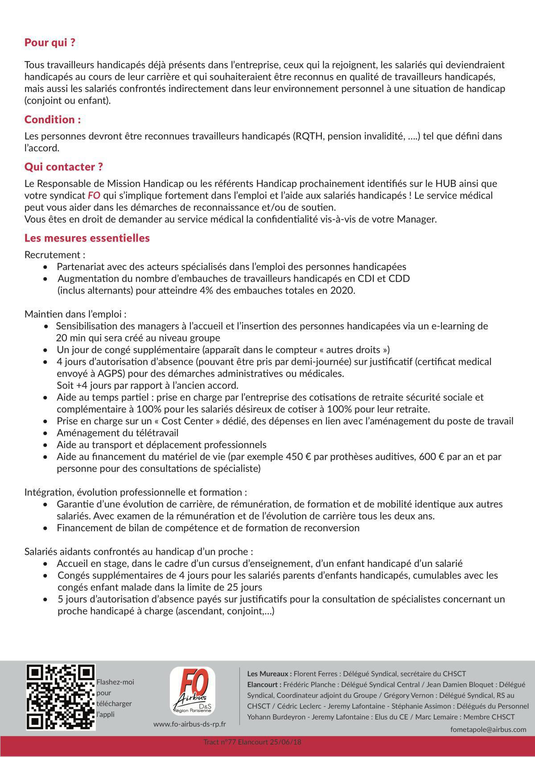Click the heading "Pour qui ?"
point(49,43)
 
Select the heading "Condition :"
point(53,120)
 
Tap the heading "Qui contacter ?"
point(64,167)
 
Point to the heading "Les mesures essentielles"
point(87,238)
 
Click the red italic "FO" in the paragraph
point(94,195)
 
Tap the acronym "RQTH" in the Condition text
point(308,136)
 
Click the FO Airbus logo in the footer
point(193,691)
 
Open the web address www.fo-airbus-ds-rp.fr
point(189,724)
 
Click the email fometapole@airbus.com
point(488,729)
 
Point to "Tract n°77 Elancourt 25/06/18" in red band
point(252,742)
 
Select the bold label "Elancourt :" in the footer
point(264,684)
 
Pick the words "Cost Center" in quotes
point(187,421)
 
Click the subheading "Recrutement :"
point(55,255)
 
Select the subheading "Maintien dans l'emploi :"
point(75,314)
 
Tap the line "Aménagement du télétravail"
point(117,433)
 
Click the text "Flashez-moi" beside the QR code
point(115,682)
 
